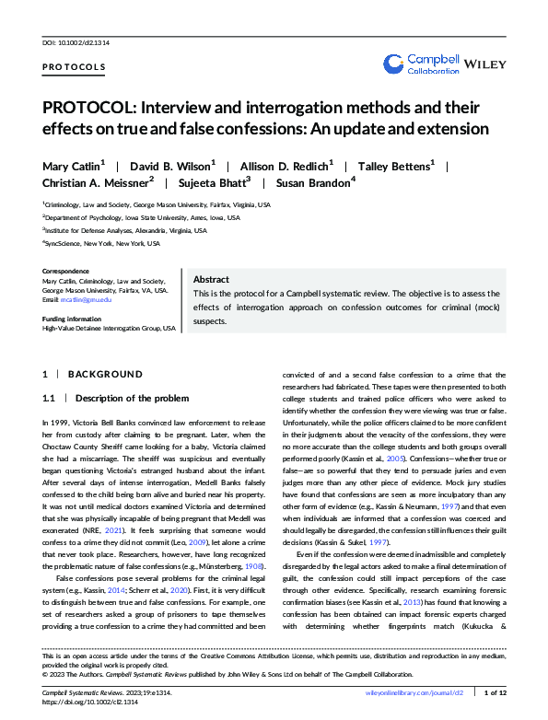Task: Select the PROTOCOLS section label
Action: click(x=75, y=67)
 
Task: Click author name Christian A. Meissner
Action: click(x=101, y=182)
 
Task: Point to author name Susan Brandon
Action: click(x=314, y=182)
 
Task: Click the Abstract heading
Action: click(x=213, y=280)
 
